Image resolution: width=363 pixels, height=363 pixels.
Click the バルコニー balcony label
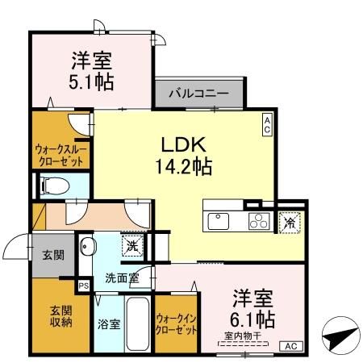point(198,93)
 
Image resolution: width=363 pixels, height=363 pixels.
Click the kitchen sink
point(219,219)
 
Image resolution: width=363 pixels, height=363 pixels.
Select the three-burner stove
point(258,219)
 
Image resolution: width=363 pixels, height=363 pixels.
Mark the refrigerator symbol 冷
point(288,219)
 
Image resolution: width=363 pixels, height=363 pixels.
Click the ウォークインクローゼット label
point(176,325)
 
